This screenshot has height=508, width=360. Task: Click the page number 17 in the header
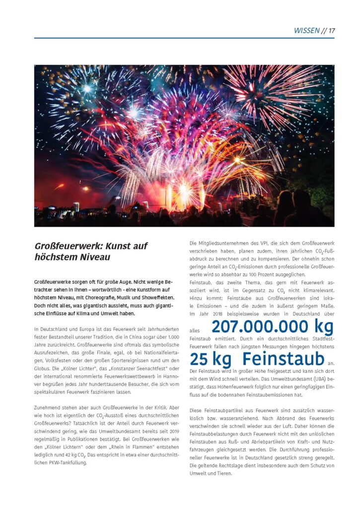pos(332,30)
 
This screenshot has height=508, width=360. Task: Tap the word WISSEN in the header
pos(306,30)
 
